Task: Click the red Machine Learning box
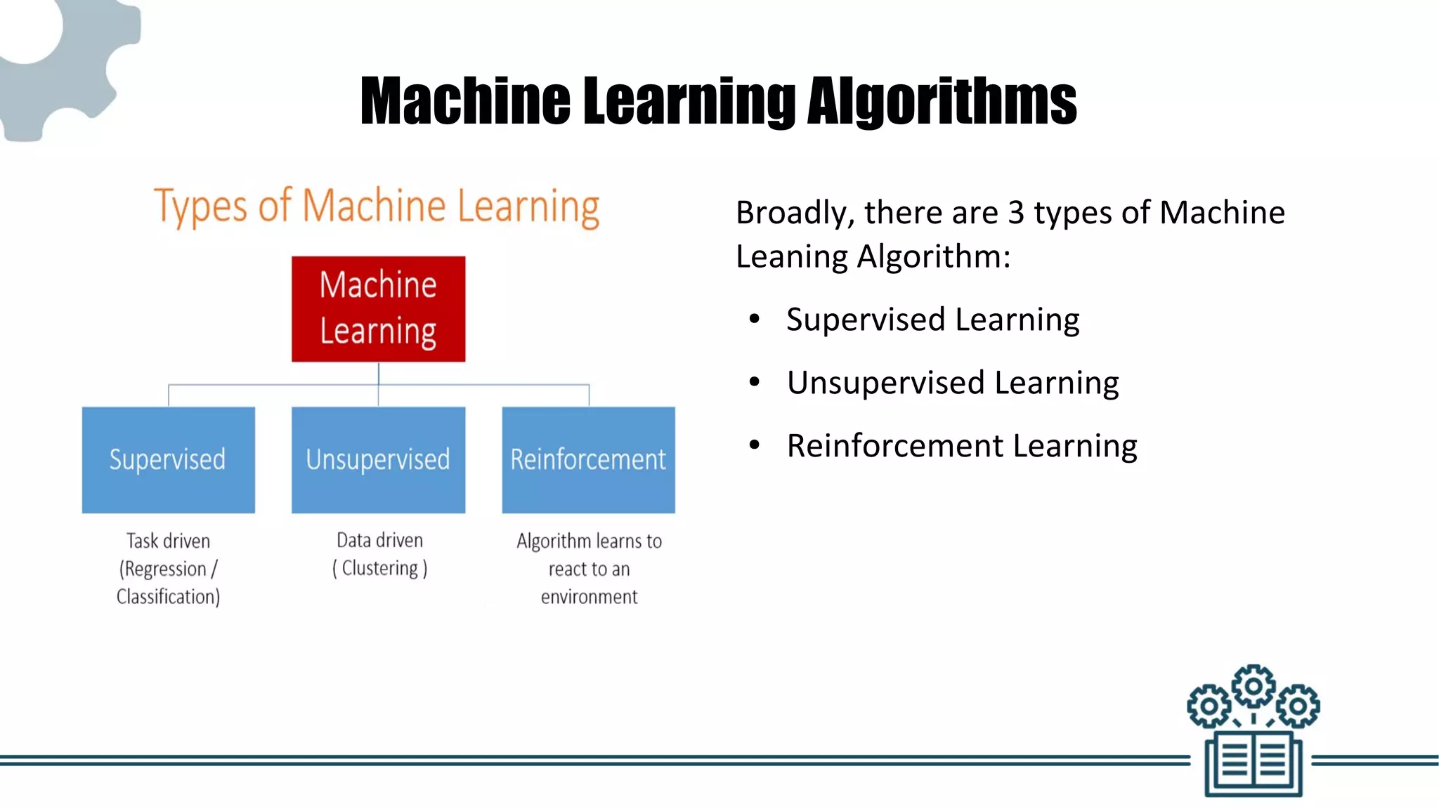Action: point(378,309)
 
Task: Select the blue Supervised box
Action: point(168,460)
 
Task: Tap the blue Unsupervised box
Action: point(378,460)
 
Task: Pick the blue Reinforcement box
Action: point(588,460)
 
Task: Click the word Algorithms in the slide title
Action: point(942,102)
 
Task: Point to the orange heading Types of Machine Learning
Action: point(377,206)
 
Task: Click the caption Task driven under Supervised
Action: point(168,541)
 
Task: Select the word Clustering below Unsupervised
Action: point(379,568)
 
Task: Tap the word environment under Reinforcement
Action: point(589,597)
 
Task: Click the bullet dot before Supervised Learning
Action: point(755,320)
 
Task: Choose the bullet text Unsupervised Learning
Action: point(952,383)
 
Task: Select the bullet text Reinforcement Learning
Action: point(961,446)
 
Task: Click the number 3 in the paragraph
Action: point(1015,213)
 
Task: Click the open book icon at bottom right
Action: point(1254,763)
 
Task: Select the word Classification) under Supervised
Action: point(168,597)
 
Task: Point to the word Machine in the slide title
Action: point(465,102)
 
